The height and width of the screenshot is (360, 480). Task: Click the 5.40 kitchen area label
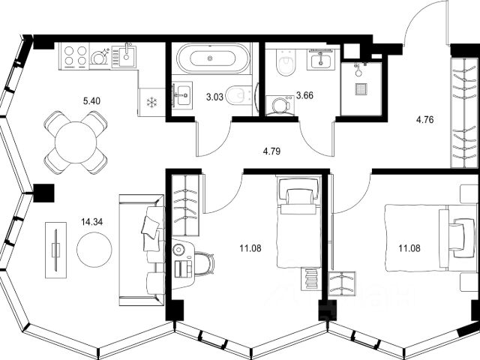91,100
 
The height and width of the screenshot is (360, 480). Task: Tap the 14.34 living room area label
91,222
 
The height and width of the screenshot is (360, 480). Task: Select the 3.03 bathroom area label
214,97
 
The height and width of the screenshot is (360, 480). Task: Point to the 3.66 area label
305,95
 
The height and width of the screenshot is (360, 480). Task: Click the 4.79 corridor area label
271,151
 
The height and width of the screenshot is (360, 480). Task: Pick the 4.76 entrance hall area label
425,120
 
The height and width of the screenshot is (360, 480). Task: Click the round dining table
76,142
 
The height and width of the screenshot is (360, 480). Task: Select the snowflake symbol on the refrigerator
151,103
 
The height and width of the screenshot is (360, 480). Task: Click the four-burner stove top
73,56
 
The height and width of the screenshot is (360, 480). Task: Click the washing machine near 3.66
280,106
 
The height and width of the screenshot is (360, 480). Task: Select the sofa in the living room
142,250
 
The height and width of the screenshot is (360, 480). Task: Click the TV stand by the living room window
55,250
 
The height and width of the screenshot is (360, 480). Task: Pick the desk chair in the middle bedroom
204,264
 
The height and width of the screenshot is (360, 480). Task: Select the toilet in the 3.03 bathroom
239,96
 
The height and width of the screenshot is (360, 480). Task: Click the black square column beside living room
43,193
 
